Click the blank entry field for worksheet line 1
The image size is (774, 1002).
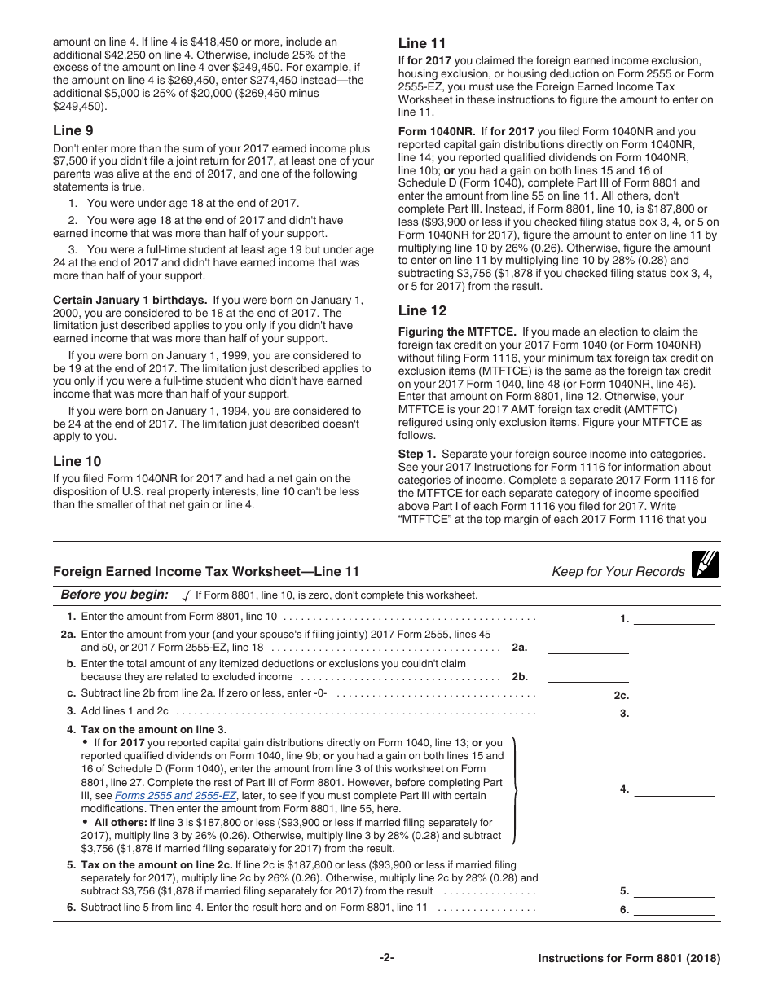(674, 618)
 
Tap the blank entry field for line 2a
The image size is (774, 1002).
(587, 648)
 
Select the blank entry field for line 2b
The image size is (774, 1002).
(587, 676)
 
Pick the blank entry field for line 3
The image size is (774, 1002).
(674, 714)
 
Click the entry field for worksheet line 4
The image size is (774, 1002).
(674, 789)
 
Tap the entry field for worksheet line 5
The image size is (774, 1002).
(674, 890)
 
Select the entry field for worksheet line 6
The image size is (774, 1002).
(674, 909)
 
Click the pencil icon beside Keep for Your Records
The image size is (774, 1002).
(704, 565)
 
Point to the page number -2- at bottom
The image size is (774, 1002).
(387, 959)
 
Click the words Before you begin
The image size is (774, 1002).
(115, 595)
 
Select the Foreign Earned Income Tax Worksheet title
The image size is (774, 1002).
(205, 572)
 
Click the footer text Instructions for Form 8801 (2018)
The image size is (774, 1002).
(629, 959)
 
